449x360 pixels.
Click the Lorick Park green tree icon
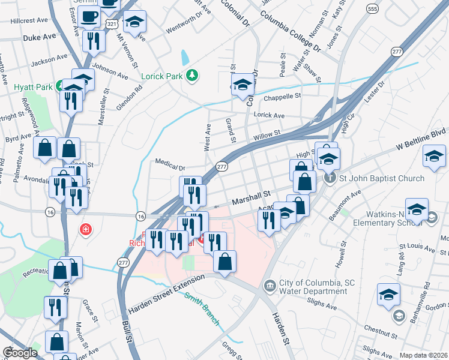(192, 75)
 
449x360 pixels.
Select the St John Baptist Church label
(382, 178)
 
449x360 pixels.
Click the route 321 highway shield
(110, 22)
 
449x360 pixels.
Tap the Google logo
(19, 353)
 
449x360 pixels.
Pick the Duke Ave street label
(39, 37)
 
